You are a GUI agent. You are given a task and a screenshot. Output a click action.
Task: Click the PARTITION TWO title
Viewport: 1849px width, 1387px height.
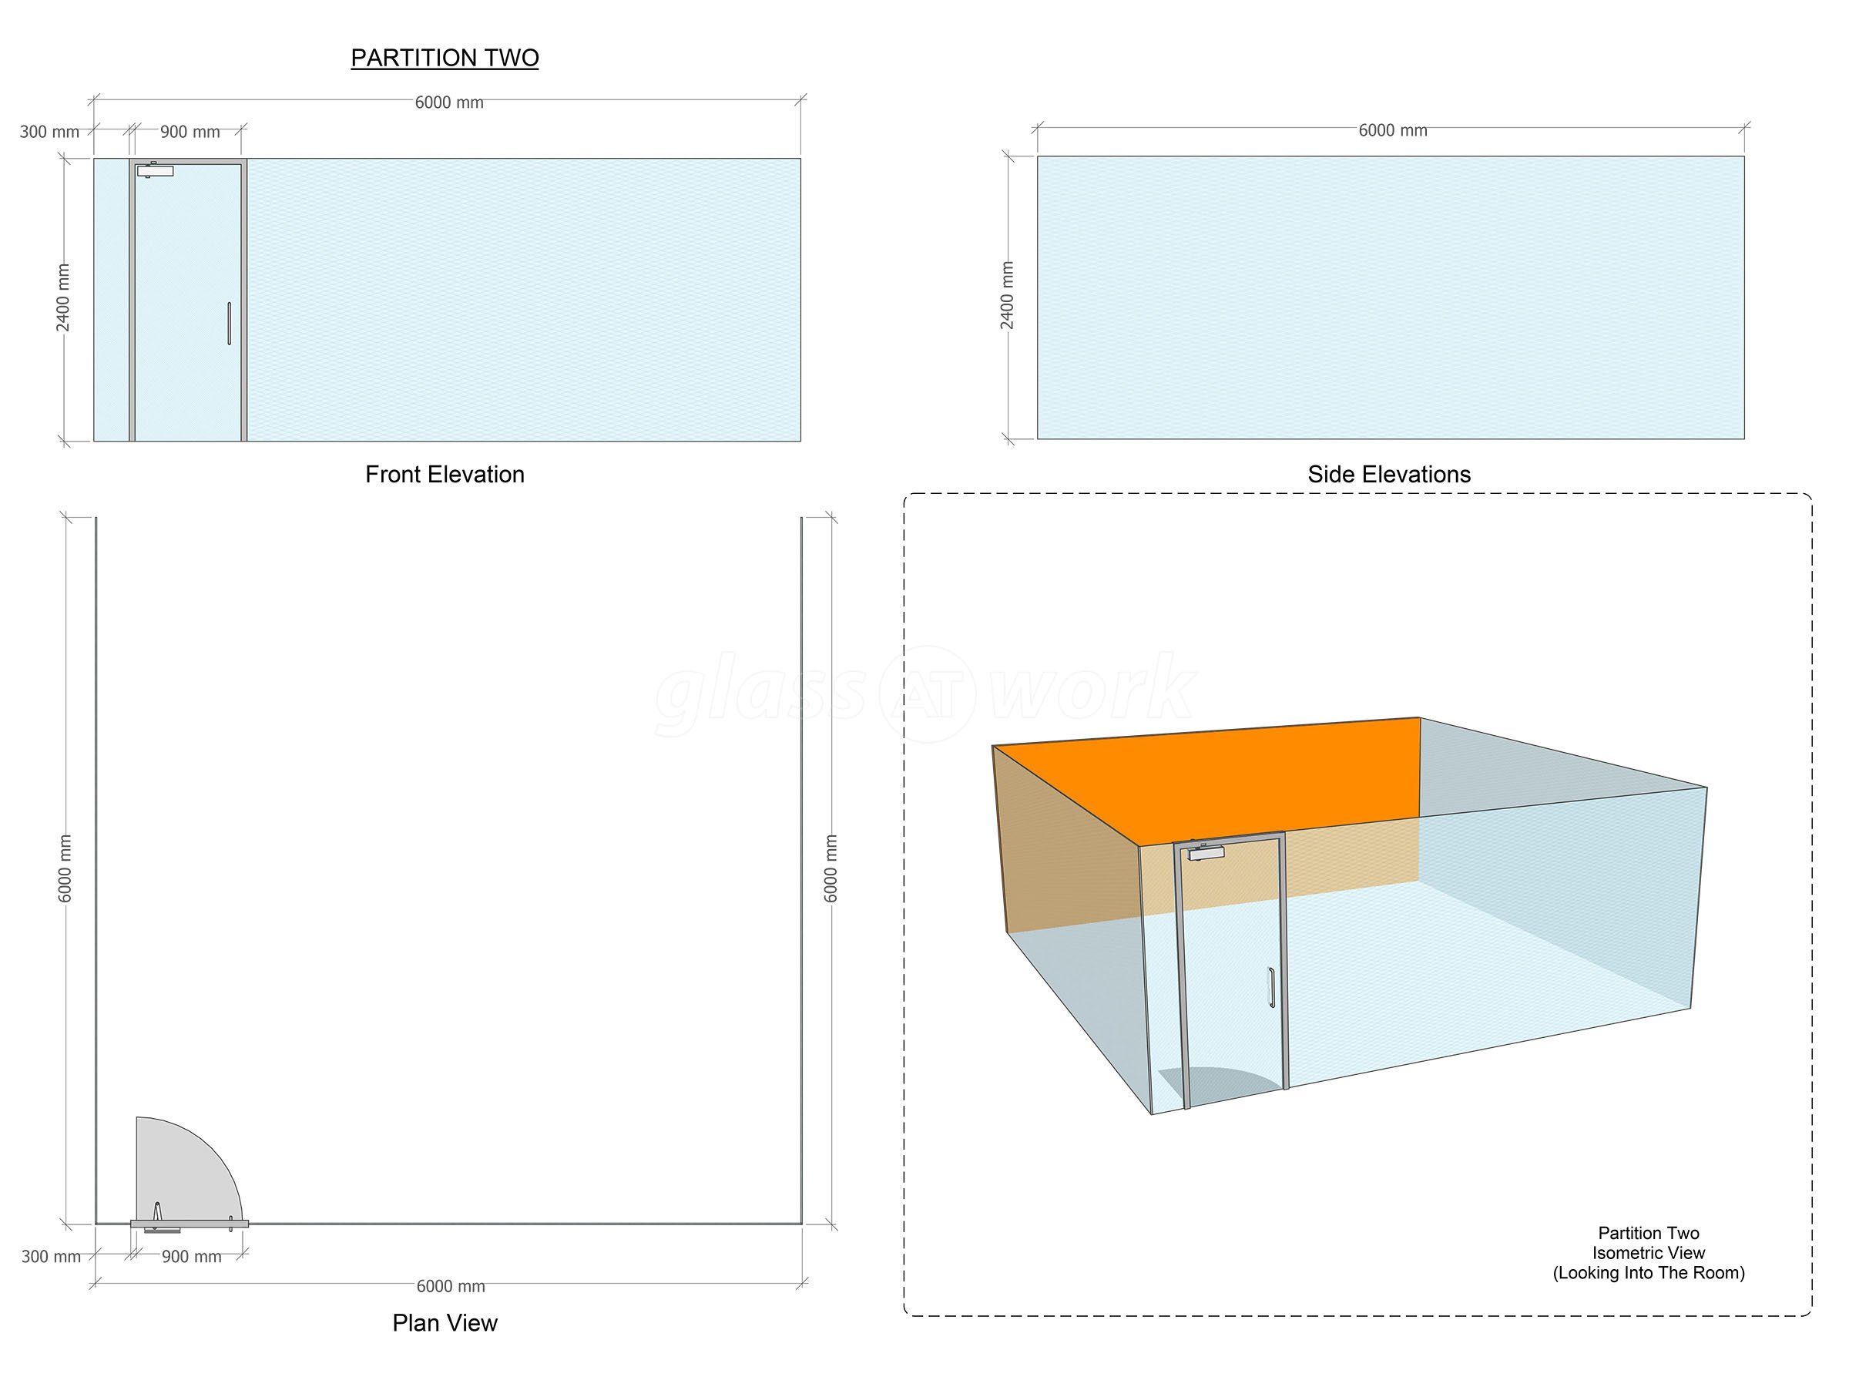pos(445,58)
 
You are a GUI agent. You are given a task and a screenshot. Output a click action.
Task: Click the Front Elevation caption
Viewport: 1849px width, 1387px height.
pos(445,474)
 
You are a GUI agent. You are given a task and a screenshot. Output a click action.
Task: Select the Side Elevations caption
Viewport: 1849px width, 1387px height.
pos(1389,474)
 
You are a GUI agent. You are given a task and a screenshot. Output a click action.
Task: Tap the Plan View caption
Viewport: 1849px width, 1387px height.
pos(445,1322)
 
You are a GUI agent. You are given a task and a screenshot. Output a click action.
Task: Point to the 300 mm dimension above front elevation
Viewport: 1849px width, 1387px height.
pos(49,132)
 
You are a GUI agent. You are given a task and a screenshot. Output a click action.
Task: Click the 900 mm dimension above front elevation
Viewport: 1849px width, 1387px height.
pos(190,132)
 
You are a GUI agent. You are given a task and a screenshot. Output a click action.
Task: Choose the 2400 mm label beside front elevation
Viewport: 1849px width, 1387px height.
pos(62,297)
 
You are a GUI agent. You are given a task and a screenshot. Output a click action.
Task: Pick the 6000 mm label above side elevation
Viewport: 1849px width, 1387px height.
pos(1393,130)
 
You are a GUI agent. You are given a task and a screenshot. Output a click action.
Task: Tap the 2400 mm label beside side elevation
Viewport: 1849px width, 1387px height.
pos(1007,295)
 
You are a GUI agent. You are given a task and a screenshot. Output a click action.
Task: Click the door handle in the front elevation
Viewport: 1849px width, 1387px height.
pos(229,324)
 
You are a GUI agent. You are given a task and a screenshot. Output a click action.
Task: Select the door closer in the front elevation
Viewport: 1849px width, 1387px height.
pos(155,170)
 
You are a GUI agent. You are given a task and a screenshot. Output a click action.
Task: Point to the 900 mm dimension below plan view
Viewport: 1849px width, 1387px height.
pos(191,1257)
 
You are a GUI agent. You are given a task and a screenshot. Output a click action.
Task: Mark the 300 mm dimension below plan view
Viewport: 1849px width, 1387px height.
pos(51,1257)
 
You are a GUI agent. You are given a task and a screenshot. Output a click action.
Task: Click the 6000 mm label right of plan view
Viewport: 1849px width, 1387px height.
pos(830,868)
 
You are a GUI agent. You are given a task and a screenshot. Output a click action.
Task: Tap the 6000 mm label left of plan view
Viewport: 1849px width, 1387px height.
pos(65,868)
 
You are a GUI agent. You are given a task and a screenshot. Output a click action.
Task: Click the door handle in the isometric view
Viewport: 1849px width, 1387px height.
pos(1271,987)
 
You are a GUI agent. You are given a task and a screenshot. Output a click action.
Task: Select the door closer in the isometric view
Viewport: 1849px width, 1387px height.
pos(1206,852)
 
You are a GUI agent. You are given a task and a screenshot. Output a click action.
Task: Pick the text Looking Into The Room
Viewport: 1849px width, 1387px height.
pos(1649,1272)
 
